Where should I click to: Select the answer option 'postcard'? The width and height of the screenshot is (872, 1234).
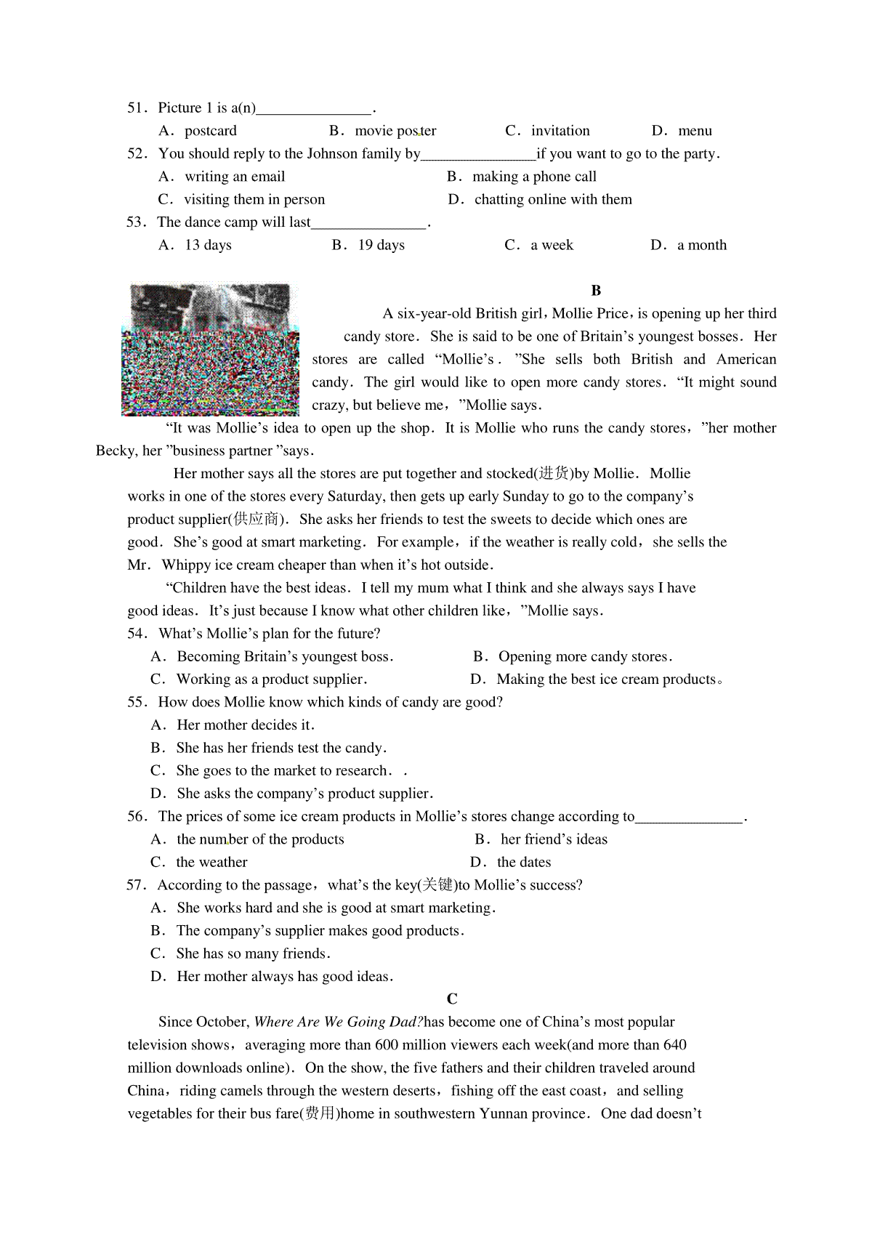click(x=210, y=131)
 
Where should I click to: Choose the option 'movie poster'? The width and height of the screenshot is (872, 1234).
click(x=395, y=131)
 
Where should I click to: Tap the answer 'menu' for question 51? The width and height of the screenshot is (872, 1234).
click(x=695, y=131)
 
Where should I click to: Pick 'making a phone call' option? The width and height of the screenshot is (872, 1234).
click(x=534, y=177)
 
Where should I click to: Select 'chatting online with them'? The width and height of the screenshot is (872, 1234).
click(x=553, y=199)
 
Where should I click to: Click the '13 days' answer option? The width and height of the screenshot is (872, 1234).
click(x=208, y=245)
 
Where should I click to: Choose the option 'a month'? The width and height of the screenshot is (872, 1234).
click(x=701, y=245)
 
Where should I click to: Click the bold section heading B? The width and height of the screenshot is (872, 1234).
click(x=596, y=291)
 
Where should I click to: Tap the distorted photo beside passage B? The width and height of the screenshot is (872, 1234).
click(x=210, y=350)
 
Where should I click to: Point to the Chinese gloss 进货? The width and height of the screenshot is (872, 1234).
click(x=554, y=474)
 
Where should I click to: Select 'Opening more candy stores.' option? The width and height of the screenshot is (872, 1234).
click(x=585, y=657)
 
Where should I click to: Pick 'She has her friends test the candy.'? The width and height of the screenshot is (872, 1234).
click(x=281, y=748)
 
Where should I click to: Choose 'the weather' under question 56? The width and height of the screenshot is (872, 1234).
click(x=211, y=863)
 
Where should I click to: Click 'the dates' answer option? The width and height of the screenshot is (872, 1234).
click(x=524, y=863)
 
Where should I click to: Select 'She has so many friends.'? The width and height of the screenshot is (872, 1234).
click(x=253, y=953)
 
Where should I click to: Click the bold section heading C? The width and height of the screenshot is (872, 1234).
click(x=452, y=999)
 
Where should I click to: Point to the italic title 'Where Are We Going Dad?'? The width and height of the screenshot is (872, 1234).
click(x=338, y=1023)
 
